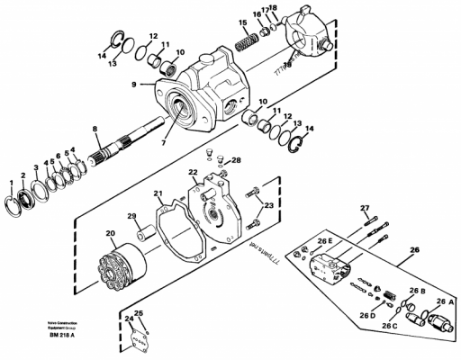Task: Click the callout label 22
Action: tap(193, 172)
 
